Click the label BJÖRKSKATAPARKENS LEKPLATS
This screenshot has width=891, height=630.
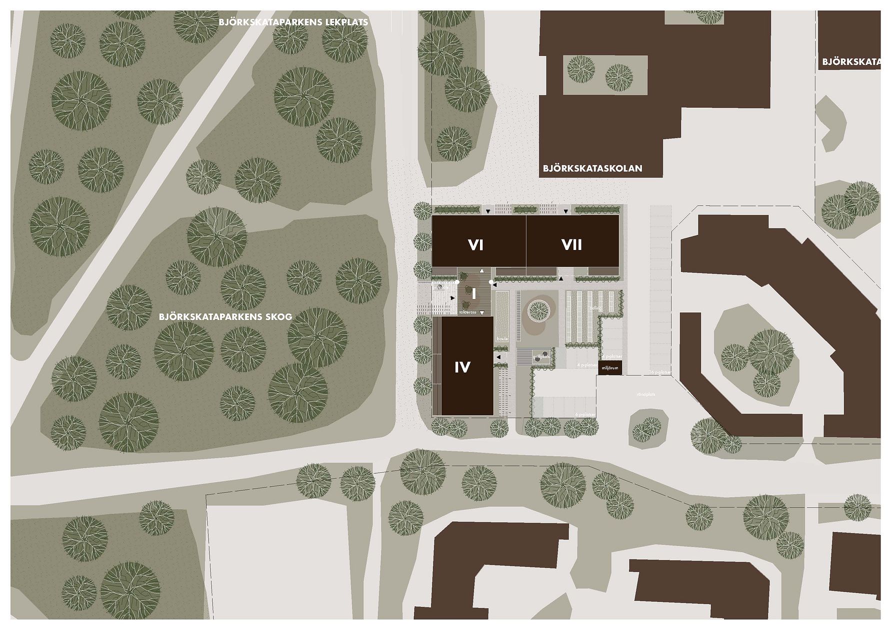pos(293,22)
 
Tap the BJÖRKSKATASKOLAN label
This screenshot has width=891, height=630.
pos(592,169)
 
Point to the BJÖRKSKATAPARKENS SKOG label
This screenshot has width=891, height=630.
pos(225,317)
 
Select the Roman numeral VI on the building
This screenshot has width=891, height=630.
pos(475,245)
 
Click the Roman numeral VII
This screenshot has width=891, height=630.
pos(571,245)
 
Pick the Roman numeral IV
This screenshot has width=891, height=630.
pos(462,367)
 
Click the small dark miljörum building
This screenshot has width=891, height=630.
pos(609,367)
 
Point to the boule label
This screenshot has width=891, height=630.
pos(502,339)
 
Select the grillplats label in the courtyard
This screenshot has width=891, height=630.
pos(541,356)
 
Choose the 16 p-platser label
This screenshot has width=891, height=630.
pos(659,372)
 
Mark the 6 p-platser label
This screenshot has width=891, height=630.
pos(585,415)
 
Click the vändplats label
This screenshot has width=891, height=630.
pos(645,394)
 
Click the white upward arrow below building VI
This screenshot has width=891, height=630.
pos(481,270)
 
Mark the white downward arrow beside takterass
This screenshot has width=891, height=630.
pos(482,313)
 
